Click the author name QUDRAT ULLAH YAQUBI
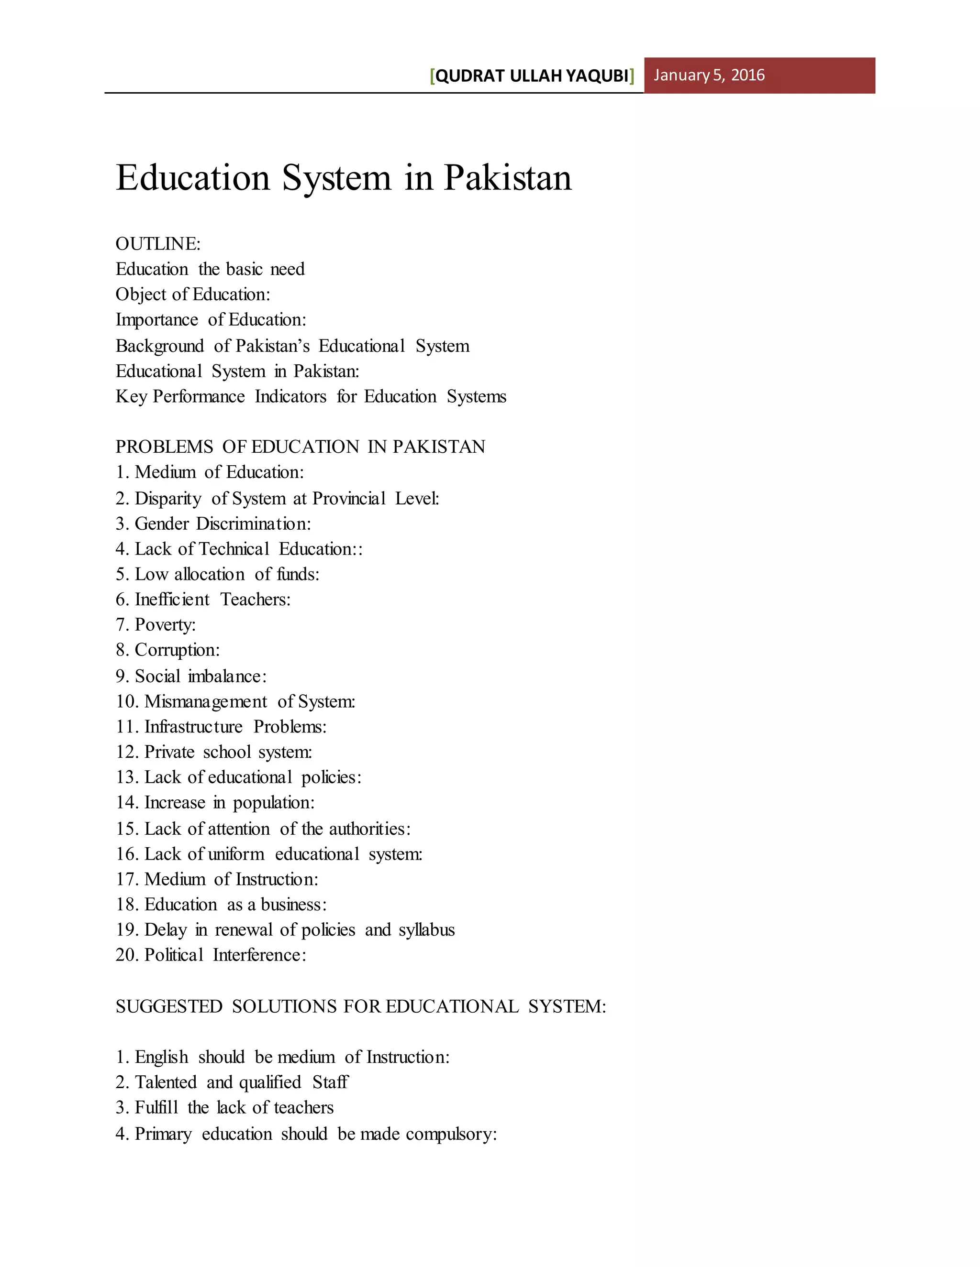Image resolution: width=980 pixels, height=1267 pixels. pos(532,76)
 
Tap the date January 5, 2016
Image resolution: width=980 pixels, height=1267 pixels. pos(709,76)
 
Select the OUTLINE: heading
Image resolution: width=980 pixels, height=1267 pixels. pos(158,244)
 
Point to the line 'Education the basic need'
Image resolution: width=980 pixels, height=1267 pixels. pos(210,269)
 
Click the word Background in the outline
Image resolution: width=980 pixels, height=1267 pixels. pos(160,346)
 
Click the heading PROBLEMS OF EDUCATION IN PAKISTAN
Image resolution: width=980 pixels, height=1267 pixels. pos(300,447)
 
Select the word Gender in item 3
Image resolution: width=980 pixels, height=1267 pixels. pos(162,524)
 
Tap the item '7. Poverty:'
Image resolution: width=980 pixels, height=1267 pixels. pos(156,625)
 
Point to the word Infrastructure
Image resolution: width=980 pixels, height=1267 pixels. pos(193,727)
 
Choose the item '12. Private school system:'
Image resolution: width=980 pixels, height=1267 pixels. pos(213,753)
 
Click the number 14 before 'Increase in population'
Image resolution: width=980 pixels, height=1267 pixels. pos(125,803)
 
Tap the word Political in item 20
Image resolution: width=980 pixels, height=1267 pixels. pos(174,955)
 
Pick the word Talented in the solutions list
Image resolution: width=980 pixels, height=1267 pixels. pos(166,1082)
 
